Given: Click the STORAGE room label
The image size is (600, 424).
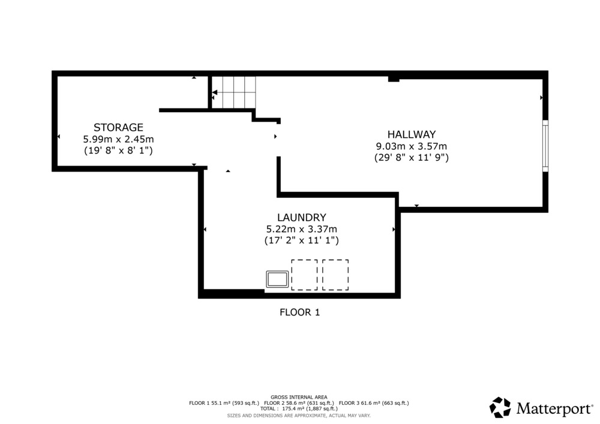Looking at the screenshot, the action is point(118,127).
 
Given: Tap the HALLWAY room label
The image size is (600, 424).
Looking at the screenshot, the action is point(412,134).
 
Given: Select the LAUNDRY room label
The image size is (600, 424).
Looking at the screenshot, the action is point(302,218).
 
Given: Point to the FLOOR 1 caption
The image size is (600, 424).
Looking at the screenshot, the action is point(299,312).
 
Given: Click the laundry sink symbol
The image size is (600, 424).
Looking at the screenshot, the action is point(277,279).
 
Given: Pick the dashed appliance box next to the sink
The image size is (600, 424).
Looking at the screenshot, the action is point(304,275).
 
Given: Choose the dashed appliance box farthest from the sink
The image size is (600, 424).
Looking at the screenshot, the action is point(335,275).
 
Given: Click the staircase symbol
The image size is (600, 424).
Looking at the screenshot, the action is point(234,92).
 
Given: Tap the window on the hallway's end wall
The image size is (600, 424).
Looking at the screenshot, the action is point(545,146).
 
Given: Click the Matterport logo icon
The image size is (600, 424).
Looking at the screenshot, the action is point(500,408).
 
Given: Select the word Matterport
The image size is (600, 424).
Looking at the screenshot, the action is point(554,408).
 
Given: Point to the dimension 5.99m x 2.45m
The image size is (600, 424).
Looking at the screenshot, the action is point(118,139).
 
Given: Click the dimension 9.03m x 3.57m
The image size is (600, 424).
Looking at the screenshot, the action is point(412,146).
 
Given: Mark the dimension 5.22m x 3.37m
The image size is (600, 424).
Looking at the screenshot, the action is point(302,229).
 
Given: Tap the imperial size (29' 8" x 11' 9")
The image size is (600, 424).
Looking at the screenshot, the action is point(412,158).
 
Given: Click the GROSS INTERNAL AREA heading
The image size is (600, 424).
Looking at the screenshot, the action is point(299,397).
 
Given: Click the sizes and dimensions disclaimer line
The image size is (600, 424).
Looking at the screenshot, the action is point(299,416).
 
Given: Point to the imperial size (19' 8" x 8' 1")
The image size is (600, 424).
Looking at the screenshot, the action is point(118,151).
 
